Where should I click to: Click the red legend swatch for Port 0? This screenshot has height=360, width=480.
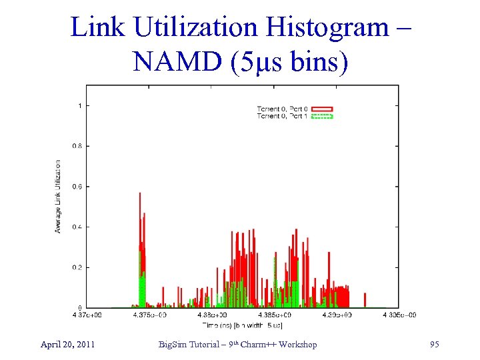pyautogui.click(x=322, y=109)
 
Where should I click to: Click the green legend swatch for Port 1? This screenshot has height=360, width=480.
pyautogui.click(x=322, y=116)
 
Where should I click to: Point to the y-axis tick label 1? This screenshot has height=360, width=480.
pyautogui.click(x=80, y=105)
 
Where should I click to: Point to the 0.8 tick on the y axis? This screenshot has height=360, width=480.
pyautogui.click(x=78, y=146)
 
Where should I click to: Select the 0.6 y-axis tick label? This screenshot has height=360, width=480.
pyautogui.click(x=78, y=187)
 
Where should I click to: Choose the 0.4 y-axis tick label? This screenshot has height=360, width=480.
pyautogui.click(x=78, y=227)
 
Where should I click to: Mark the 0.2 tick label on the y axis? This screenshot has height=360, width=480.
pyautogui.click(x=78, y=267)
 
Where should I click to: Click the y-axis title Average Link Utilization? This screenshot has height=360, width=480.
pyautogui.click(x=58, y=196)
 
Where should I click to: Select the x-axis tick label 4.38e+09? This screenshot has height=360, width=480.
pyautogui.click(x=211, y=315)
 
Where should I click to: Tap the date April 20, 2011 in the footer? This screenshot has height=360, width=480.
pyautogui.click(x=67, y=345)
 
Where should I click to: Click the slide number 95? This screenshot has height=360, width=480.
pyautogui.click(x=434, y=345)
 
